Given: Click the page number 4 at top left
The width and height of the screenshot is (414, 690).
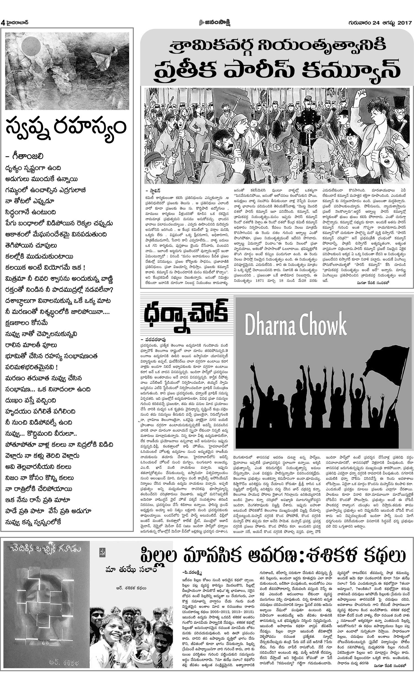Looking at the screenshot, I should coord(3,23).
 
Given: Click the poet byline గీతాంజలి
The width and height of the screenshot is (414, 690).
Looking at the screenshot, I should coord(26,156).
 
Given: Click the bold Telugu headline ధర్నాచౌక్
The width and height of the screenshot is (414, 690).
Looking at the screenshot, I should coord(186,316).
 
